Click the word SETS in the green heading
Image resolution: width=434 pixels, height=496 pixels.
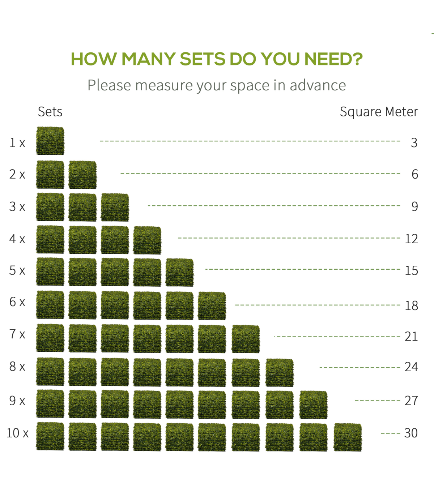point(203,59)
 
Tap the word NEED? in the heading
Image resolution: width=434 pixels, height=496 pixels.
point(333,59)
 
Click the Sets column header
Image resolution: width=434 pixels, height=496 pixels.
point(50,112)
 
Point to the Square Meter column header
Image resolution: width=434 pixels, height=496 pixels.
point(379,112)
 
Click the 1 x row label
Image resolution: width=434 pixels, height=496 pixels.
point(17,142)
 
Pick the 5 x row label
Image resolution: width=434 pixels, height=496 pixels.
point(17,270)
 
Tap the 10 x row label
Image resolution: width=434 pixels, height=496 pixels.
point(17,433)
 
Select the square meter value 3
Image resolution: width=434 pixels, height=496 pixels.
point(414,142)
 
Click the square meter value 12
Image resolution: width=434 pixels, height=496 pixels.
point(412,239)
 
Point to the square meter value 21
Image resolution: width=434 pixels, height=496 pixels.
point(411,336)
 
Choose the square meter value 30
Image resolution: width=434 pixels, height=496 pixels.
point(411,433)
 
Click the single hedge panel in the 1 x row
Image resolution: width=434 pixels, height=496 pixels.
point(50,141)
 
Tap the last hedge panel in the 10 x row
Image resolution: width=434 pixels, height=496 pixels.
point(348,437)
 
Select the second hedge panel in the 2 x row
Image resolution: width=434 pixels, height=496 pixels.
point(82,175)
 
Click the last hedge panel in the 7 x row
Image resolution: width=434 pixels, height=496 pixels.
point(246,339)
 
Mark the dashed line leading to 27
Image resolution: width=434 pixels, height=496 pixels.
point(378,401)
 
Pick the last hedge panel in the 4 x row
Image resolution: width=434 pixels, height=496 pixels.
point(147,240)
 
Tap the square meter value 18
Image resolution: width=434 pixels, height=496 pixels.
point(412,305)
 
